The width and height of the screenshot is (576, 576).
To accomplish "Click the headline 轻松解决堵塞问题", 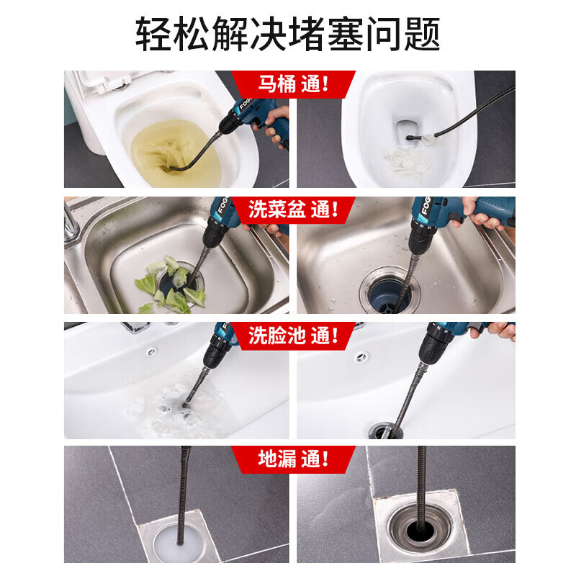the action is click(287, 34).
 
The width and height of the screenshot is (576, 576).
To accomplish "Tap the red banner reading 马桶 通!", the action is click(293, 84).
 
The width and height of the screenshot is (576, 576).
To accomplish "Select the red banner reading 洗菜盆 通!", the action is click(293, 210).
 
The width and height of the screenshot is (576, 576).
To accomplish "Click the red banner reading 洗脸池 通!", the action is click(293, 336).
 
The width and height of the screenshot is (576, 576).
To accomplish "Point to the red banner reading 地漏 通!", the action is click(293, 459).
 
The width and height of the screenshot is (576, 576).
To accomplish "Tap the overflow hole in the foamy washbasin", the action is click(152, 352).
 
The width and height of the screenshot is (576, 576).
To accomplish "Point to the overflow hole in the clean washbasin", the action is click(361, 356).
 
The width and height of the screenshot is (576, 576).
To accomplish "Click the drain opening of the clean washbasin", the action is click(386, 431).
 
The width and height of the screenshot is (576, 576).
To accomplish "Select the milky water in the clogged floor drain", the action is click(177, 544).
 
